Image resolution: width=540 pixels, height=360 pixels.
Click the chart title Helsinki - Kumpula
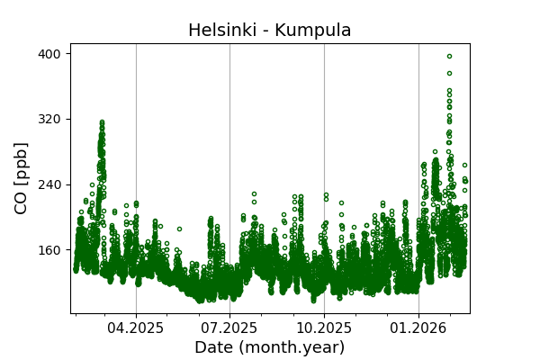tap(269, 31)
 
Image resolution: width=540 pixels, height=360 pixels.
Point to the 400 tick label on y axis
tap(49, 54)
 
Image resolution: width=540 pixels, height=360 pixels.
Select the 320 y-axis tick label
tap(49, 119)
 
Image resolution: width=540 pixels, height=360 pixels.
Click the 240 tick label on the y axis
tap(49, 184)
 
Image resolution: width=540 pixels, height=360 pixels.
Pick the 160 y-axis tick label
tap(49, 250)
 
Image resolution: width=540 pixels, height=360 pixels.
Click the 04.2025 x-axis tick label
tap(136, 328)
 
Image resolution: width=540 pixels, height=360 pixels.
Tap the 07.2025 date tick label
tap(229, 328)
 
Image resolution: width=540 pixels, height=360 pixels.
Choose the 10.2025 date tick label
tap(324, 328)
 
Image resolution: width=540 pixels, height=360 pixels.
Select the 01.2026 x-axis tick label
tap(418, 328)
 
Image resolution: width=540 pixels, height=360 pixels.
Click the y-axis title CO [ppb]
tap(22, 177)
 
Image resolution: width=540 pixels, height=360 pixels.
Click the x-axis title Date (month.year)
tap(269, 347)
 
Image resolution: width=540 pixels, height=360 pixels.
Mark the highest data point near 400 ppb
tap(449, 56)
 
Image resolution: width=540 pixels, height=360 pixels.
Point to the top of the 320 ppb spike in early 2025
tap(102, 121)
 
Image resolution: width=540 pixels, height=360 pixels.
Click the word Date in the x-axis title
tap(212, 347)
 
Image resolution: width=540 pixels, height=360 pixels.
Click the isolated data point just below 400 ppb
tap(449, 73)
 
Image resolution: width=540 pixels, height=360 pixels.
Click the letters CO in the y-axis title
tap(22, 202)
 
